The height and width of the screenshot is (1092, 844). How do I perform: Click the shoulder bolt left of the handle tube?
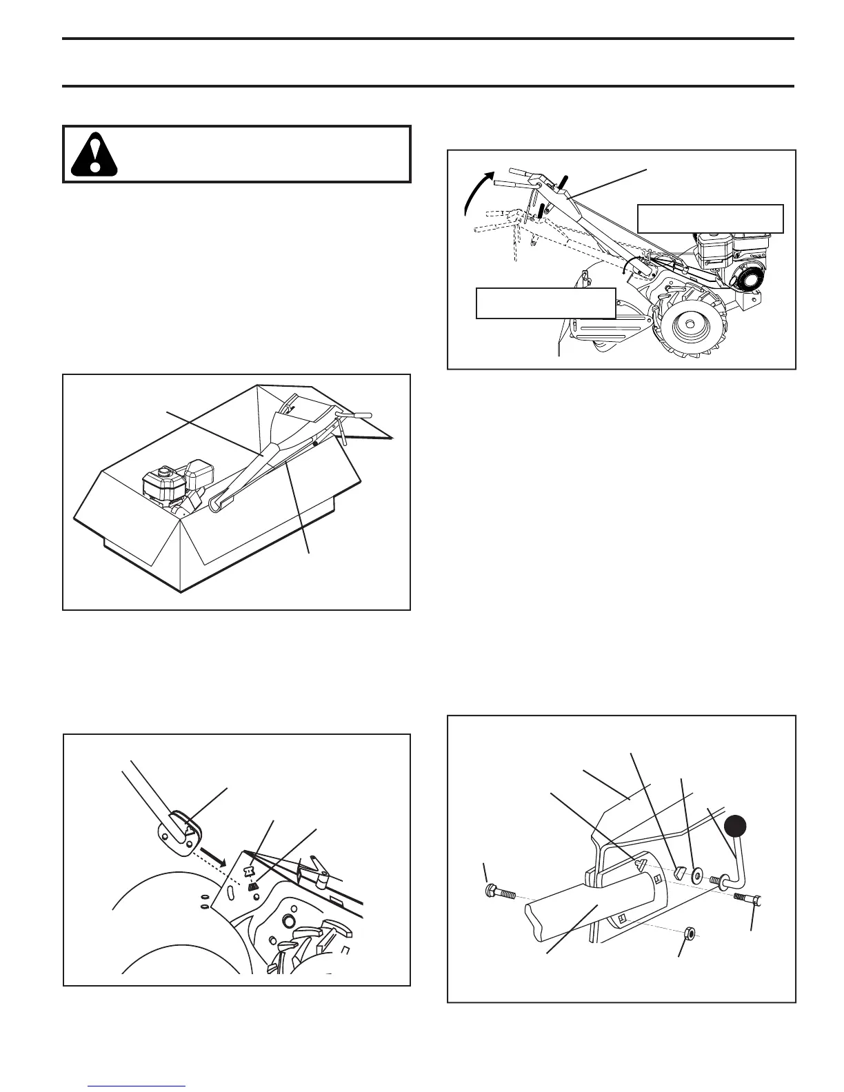pyautogui.click(x=501, y=893)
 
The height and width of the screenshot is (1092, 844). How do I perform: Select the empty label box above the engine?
pyautogui.click(x=710, y=219)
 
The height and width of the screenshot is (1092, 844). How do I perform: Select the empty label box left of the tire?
pyautogui.click(x=545, y=303)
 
